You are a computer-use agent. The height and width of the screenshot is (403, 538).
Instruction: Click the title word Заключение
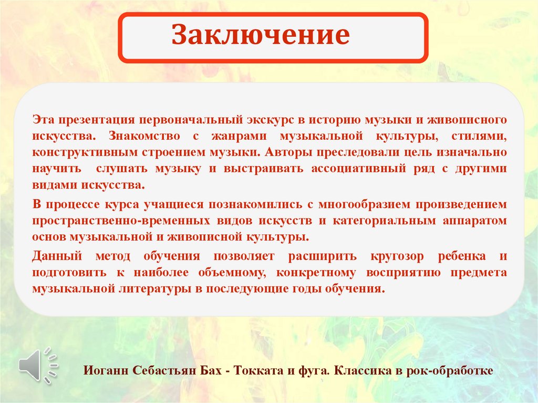(x=261, y=36)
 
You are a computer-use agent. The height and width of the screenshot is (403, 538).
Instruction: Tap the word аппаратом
(x=475, y=220)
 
